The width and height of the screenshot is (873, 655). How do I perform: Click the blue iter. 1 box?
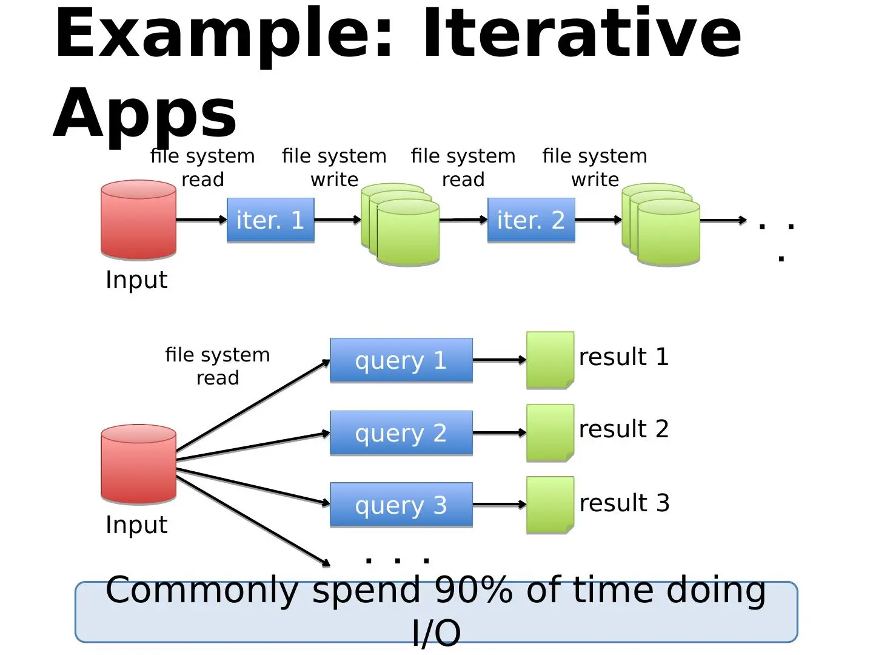coord(270,220)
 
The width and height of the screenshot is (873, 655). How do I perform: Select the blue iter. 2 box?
coord(531,220)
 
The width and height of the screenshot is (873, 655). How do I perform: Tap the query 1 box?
coord(401,360)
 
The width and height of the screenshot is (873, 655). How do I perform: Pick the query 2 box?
coord(401,432)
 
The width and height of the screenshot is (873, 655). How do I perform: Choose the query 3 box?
coord(401,505)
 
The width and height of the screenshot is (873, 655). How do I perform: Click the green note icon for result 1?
coord(550,360)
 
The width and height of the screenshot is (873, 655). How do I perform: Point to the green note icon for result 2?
coord(550,432)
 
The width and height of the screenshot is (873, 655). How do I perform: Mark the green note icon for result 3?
coord(550,505)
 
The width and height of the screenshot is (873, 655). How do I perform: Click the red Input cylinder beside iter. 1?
coord(138,220)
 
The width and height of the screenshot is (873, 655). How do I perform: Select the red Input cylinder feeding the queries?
coord(138,464)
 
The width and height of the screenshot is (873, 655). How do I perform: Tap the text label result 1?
coord(624,357)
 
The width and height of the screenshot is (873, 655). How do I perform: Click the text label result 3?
coord(624,503)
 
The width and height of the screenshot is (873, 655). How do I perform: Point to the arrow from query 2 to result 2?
coord(500,432)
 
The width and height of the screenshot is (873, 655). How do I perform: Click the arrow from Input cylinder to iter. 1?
coord(202,220)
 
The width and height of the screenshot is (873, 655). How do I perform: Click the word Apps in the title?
coord(145,114)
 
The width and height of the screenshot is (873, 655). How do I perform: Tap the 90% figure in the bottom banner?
coord(473,590)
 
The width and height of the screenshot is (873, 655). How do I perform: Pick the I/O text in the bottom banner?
coord(436,633)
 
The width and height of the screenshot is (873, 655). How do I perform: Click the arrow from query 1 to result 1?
coord(500,360)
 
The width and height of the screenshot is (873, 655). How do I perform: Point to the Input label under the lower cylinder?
coord(136,525)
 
